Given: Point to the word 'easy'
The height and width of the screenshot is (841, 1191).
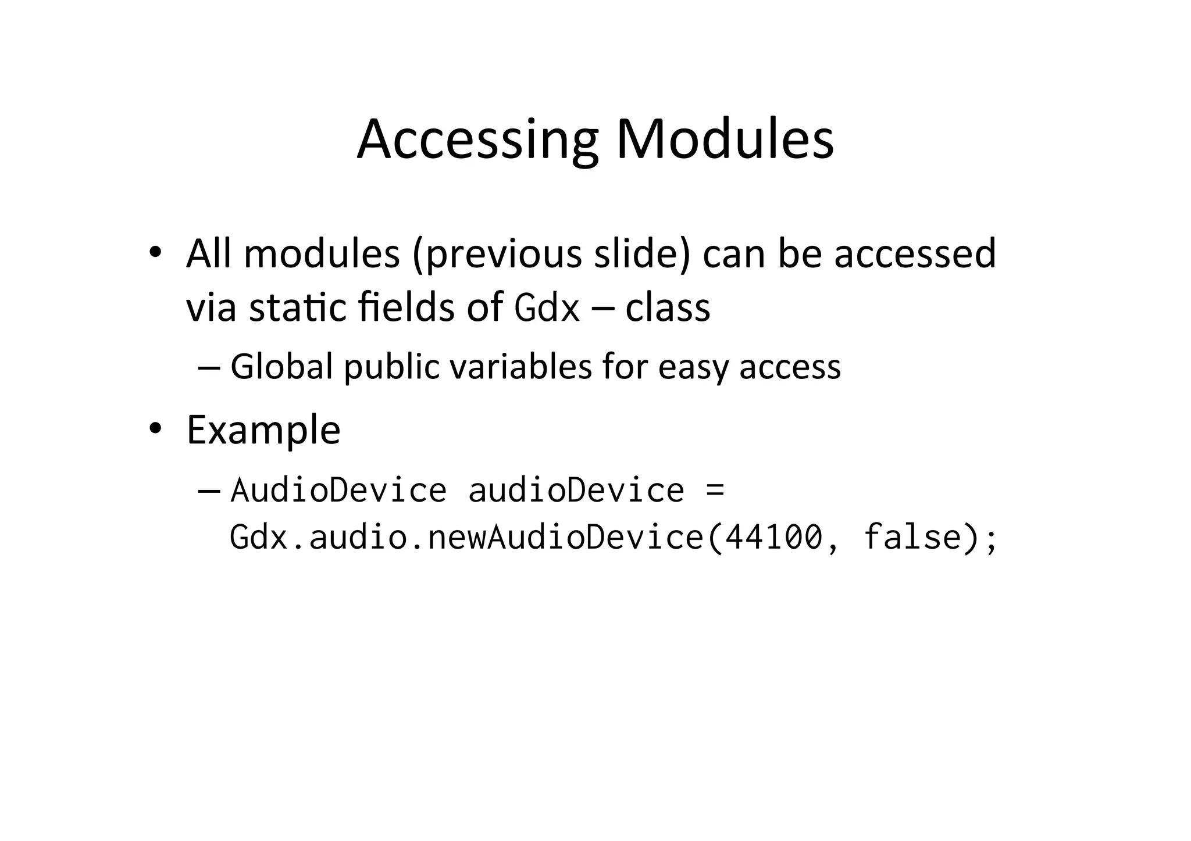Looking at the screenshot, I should click(693, 367).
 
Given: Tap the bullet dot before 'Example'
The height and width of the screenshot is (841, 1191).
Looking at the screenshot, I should click(154, 429).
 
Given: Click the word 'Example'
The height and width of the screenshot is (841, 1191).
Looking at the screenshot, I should click(263, 430).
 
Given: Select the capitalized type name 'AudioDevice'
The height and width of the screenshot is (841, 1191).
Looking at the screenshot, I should click(338, 490).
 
